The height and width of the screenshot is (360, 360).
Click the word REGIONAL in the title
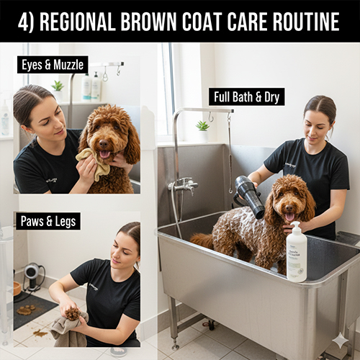(x=78, y=22)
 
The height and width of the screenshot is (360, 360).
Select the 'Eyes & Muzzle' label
(x=53, y=65)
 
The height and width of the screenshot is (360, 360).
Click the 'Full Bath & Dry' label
(x=246, y=96)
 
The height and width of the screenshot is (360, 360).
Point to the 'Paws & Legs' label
(x=48, y=221)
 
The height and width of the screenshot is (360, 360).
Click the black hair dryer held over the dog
(x=250, y=197)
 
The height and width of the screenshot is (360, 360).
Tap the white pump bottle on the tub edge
(x=297, y=252)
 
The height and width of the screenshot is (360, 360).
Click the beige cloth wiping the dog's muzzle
(x=94, y=163)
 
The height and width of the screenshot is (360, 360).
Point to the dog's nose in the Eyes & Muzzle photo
(x=104, y=143)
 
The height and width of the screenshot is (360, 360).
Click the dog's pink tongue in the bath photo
(x=289, y=216)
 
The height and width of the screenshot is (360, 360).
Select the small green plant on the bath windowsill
(x=202, y=126)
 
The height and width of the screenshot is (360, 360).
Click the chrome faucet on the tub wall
(x=184, y=186)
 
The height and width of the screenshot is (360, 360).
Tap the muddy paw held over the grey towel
(x=73, y=314)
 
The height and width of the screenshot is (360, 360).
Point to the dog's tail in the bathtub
(x=201, y=240)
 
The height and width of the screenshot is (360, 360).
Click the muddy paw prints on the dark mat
(x=26, y=310)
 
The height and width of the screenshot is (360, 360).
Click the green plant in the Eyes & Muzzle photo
(x=58, y=86)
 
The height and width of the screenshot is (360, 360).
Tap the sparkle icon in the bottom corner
(x=341, y=341)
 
